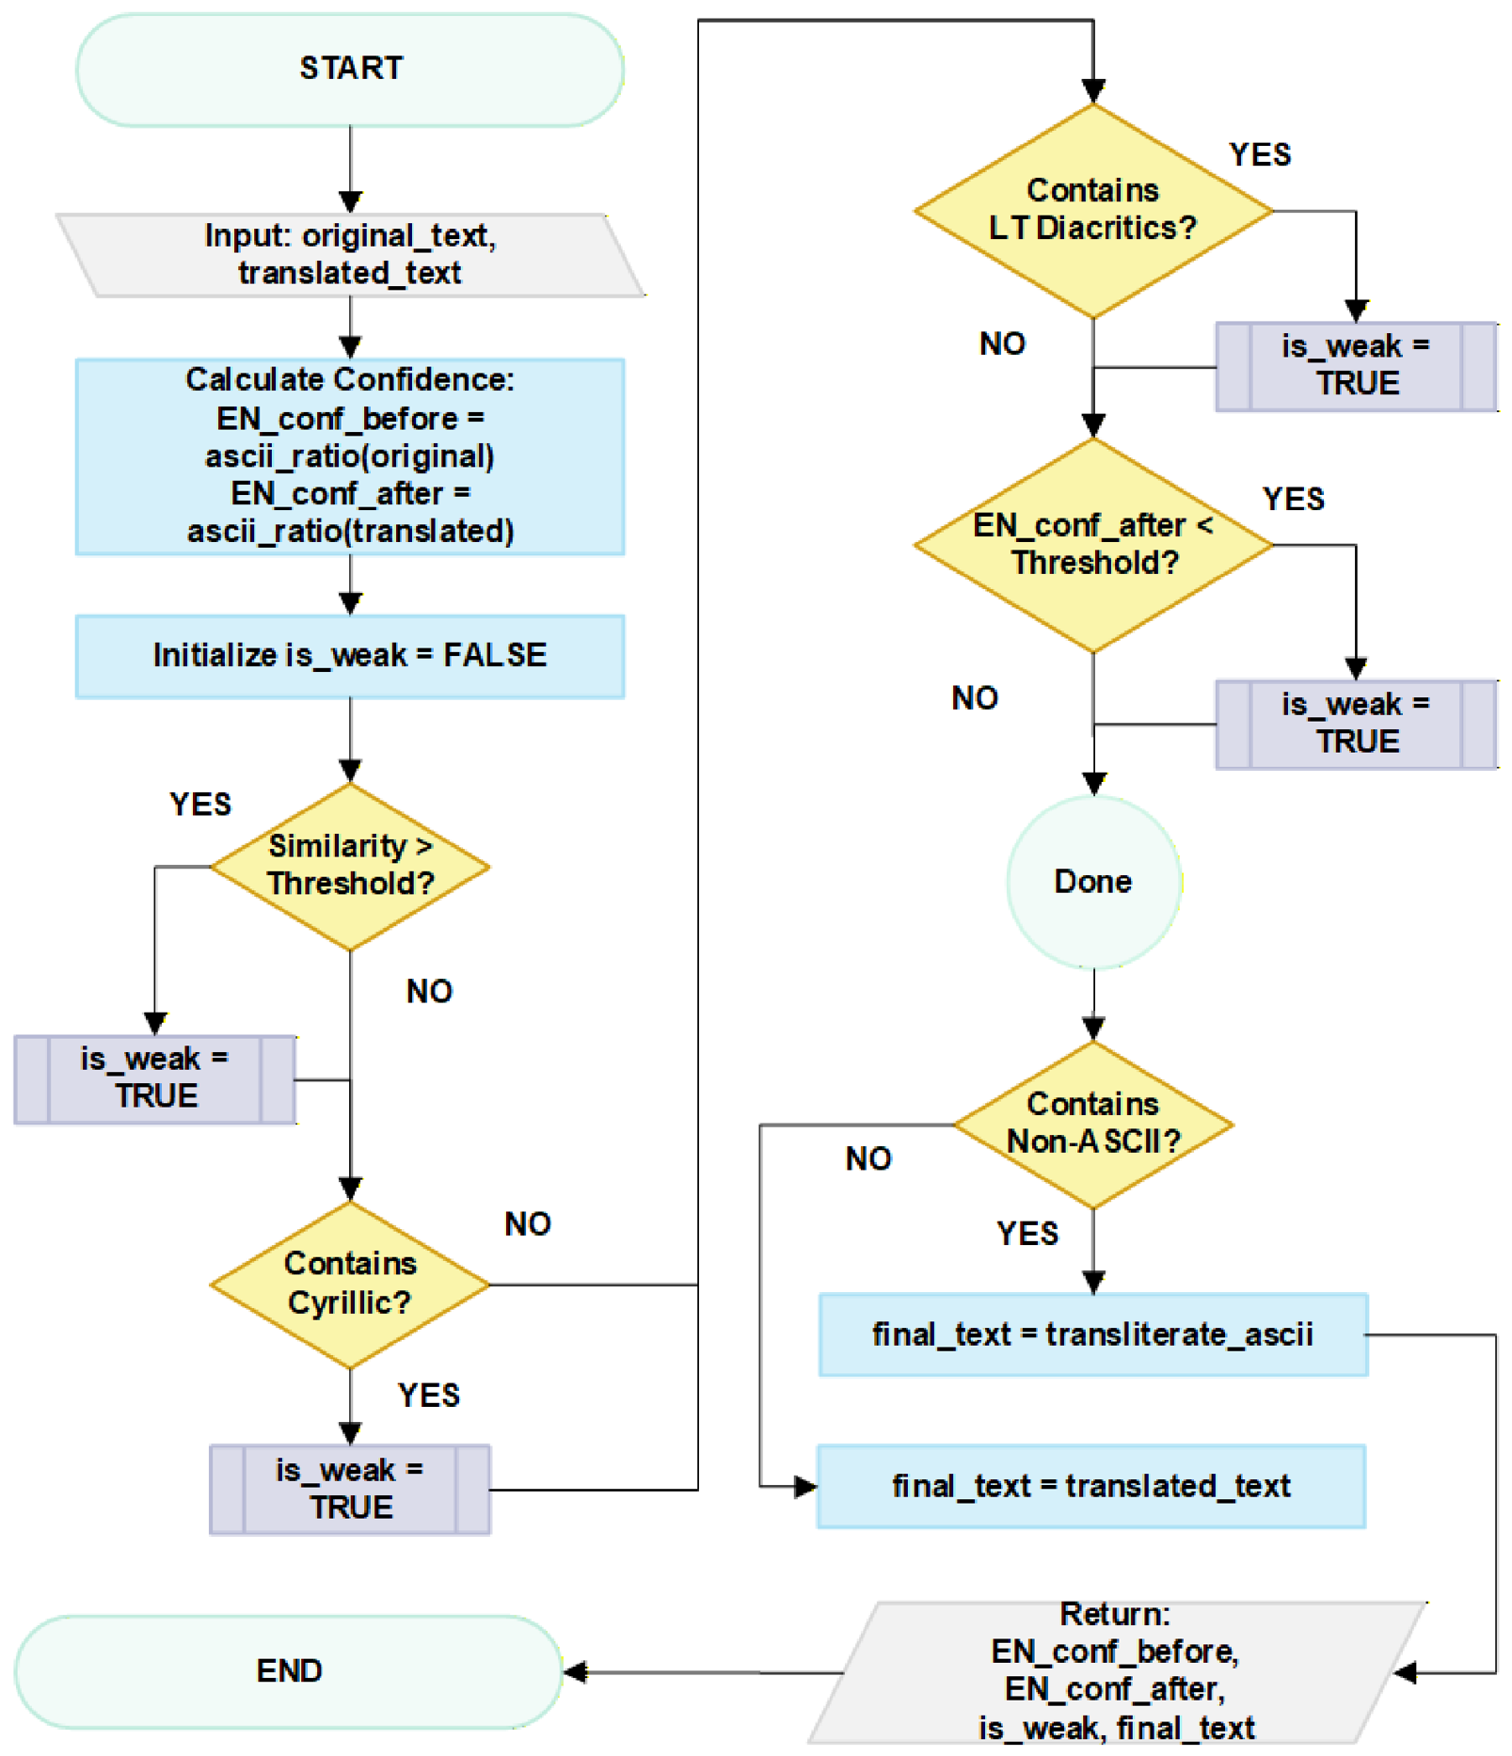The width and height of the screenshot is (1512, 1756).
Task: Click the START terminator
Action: (x=350, y=70)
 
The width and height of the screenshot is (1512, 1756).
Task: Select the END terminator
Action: (x=289, y=1671)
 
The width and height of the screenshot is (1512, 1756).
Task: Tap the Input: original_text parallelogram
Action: (x=350, y=255)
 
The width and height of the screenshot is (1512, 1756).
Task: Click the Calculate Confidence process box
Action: (x=350, y=456)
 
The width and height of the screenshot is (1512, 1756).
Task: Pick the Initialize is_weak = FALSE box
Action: (x=350, y=656)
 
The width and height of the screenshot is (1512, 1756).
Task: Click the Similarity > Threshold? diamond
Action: (x=350, y=866)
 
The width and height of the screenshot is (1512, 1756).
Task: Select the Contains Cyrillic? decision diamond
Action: (x=350, y=1285)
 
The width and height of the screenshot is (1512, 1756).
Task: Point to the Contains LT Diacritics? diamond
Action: (x=1093, y=211)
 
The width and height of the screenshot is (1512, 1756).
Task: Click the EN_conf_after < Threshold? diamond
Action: (x=1093, y=545)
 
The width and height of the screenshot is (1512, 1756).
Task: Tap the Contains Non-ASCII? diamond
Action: (x=1093, y=1125)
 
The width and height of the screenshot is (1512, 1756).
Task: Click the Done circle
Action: (x=1093, y=882)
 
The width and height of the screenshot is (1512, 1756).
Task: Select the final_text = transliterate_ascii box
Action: (x=1093, y=1335)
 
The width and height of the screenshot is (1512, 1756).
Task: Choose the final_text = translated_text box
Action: (x=1091, y=1487)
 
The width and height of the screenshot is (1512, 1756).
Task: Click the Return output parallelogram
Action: (x=1117, y=1672)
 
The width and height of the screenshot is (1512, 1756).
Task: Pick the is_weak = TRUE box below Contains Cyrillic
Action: (x=350, y=1490)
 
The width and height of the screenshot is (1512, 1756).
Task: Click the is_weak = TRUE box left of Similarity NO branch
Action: (x=155, y=1079)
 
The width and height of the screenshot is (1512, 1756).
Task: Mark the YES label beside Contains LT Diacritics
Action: (x=1260, y=154)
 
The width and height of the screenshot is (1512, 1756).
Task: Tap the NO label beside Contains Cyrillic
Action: (x=528, y=1223)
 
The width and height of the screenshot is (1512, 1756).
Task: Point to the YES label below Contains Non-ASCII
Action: (x=1027, y=1234)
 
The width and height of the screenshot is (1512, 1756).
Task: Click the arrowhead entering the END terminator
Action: (x=575, y=1672)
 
